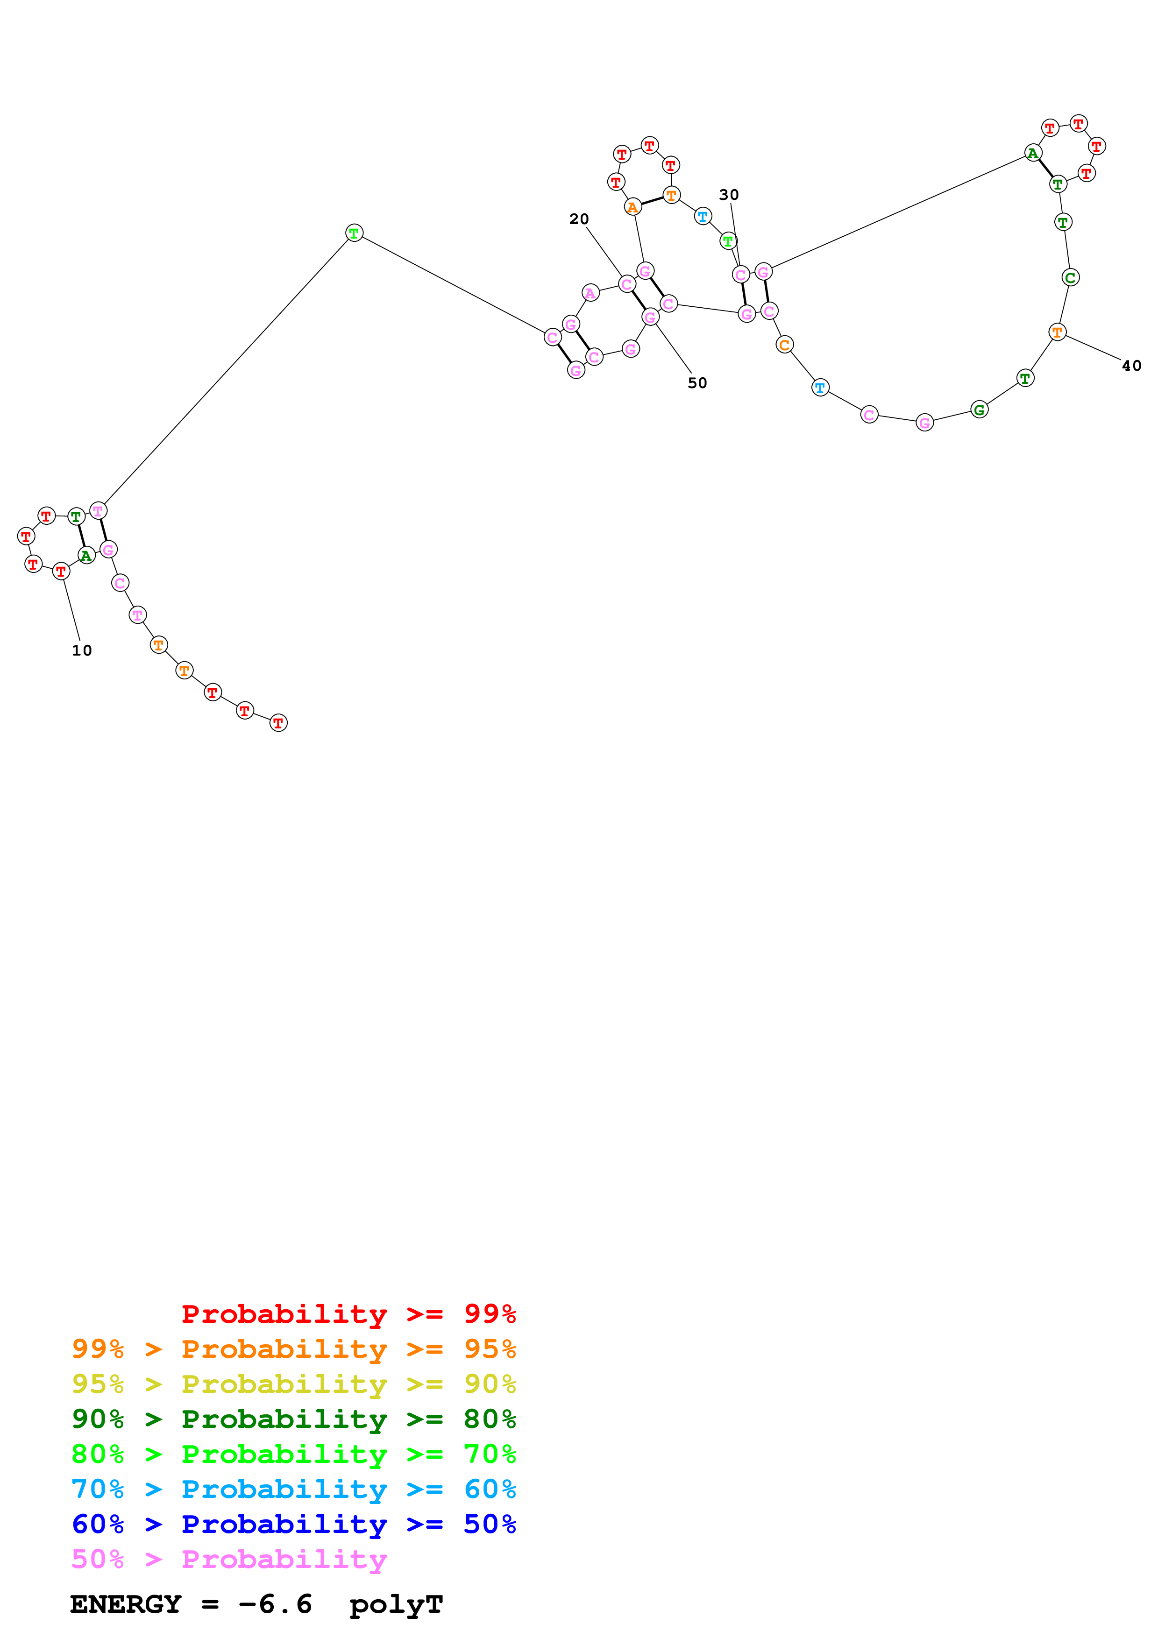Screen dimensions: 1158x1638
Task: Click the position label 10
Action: (82, 650)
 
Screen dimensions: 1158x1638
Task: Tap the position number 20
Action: (579, 219)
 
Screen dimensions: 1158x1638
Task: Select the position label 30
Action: (728, 195)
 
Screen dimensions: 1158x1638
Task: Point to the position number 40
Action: (1131, 366)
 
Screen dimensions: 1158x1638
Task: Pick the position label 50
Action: (697, 383)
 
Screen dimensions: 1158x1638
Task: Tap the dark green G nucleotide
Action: (979, 409)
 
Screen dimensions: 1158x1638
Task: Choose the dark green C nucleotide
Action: (1070, 277)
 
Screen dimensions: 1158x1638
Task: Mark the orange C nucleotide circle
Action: (784, 345)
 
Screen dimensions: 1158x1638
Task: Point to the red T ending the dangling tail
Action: (278, 723)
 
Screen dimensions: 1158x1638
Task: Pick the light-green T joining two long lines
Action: (354, 233)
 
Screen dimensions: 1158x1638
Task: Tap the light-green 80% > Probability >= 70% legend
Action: (293, 1454)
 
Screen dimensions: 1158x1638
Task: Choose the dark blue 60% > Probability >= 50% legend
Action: (293, 1524)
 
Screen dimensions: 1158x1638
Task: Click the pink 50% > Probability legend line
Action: (228, 1560)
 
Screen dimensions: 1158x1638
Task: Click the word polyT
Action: (396, 1604)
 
